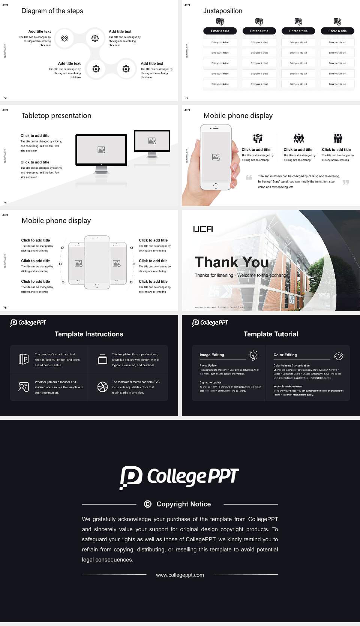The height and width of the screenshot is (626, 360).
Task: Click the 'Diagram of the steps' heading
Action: [52, 11]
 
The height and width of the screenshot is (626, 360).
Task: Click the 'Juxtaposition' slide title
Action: [222, 11]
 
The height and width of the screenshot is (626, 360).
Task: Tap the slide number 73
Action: [187, 97]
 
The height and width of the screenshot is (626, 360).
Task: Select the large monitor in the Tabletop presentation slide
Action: [101, 150]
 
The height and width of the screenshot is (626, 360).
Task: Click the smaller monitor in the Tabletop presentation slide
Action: [152, 141]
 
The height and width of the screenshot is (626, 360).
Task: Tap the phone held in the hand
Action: [215, 157]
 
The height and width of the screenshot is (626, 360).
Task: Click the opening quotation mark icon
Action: [249, 177]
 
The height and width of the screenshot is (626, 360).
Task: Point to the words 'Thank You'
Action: [231, 262]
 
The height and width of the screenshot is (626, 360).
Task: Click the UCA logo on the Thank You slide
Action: [203, 229]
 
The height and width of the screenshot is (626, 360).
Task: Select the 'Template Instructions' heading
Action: [89, 334]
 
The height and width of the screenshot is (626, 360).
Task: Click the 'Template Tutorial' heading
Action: [270, 334]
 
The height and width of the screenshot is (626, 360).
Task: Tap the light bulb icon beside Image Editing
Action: [253, 355]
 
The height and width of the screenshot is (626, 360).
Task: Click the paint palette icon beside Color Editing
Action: [338, 356]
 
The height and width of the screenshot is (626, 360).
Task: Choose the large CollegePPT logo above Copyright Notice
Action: [180, 477]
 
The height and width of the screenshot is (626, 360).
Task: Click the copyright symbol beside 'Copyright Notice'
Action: [148, 504]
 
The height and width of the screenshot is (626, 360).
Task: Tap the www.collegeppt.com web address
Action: [180, 575]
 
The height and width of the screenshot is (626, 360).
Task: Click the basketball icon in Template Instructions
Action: [102, 387]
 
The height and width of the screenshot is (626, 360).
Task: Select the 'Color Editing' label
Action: [285, 355]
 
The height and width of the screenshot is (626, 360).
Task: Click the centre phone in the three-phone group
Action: [97, 262]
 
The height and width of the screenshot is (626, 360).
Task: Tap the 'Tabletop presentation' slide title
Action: [56, 116]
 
